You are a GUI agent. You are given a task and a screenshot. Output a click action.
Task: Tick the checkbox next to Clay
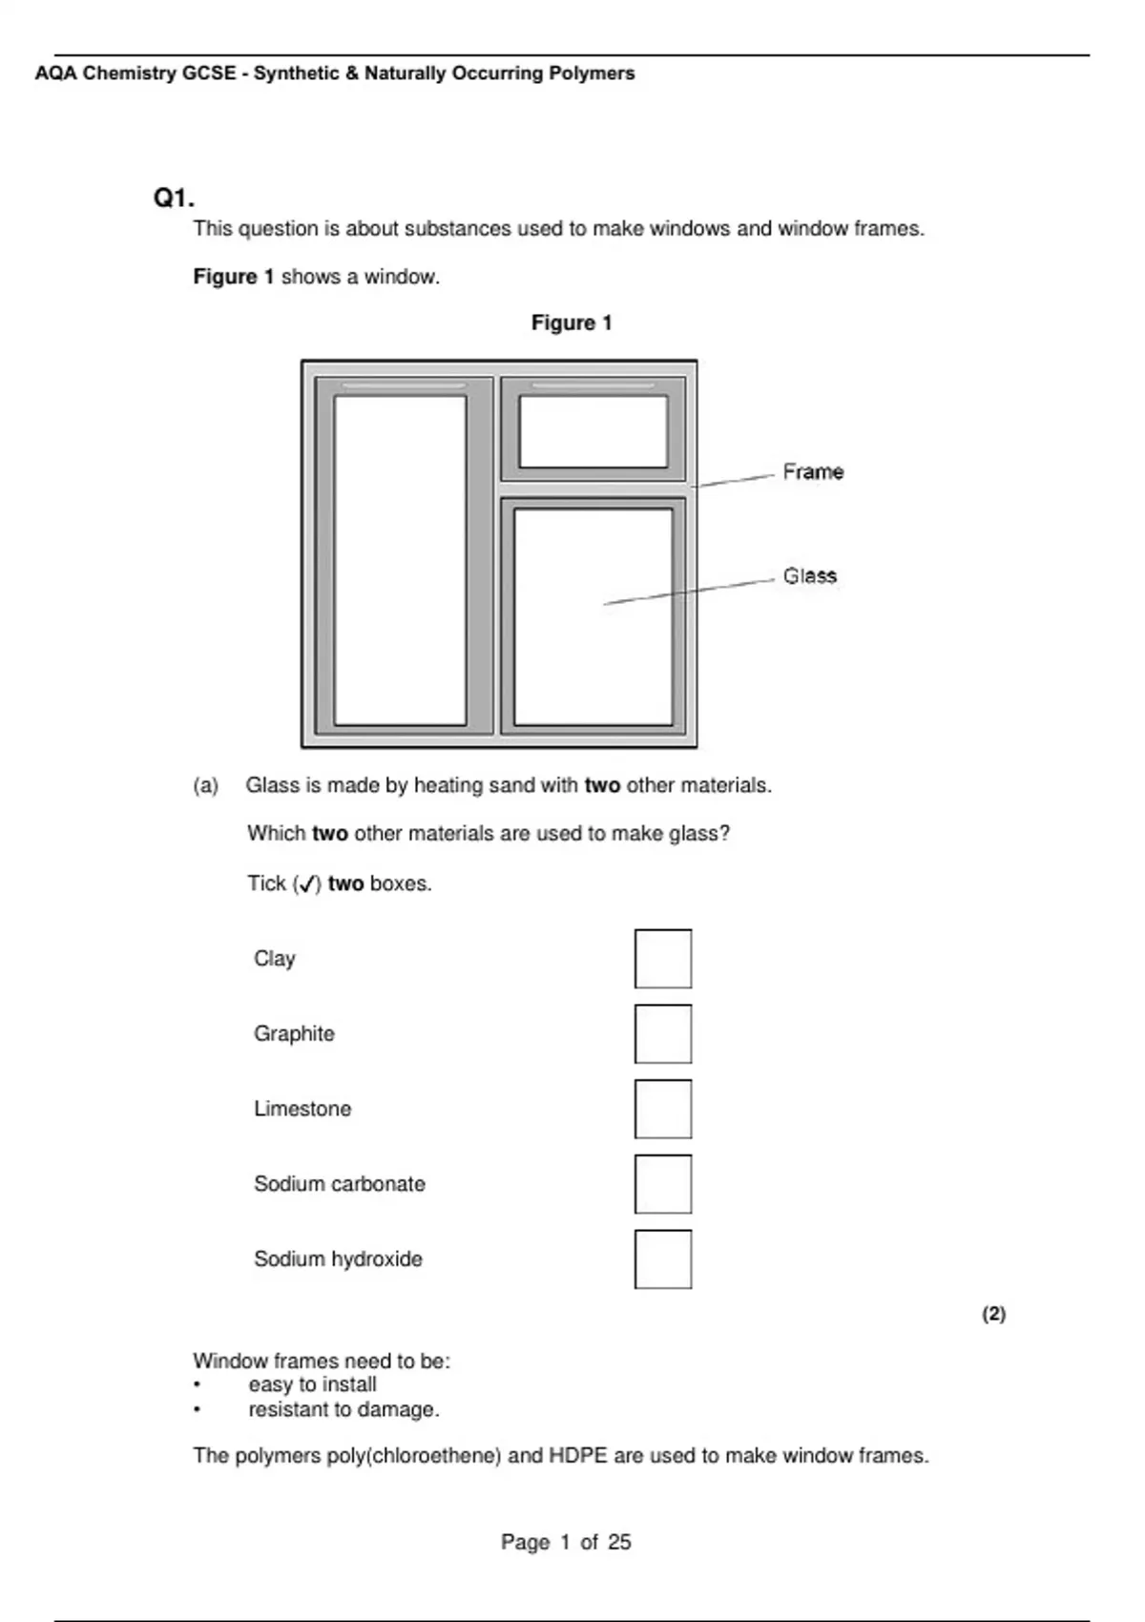[x=662, y=959]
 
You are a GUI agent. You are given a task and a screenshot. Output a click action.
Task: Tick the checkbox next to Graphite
[x=662, y=1033]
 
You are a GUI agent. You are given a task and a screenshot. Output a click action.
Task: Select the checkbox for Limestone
[x=662, y=1109]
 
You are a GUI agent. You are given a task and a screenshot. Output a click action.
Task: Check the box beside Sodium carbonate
[x=662, y=1184]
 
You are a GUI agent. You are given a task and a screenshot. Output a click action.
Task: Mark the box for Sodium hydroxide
[x=662, y=1258]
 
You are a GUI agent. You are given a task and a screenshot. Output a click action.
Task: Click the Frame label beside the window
[x=813, y=471]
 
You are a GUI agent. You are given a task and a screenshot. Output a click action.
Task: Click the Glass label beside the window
[x=809, y=575]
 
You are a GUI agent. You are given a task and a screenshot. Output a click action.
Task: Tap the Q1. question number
[x=174, y=198]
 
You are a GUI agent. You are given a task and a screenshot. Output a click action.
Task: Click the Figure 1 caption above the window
[x=572, y=322]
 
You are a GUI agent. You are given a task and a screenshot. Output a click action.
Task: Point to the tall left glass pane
[x=400, y=561]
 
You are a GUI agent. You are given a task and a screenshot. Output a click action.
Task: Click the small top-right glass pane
[x=593, y=431]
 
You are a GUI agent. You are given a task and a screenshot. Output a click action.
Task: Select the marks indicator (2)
[x=993, y=1314]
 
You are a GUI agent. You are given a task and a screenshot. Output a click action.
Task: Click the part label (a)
[x=205, y=785]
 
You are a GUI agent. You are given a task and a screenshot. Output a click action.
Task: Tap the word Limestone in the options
[x=302, y=1109]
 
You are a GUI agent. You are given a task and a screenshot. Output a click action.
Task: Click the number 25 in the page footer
[x=619, y=1542]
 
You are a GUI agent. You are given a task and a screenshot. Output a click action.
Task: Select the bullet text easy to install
[x=312, y=1384]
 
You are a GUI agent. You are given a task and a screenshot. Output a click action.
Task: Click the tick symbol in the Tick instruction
[x=306, y=884]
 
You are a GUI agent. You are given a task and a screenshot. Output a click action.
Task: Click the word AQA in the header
[x=55, y=73]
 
